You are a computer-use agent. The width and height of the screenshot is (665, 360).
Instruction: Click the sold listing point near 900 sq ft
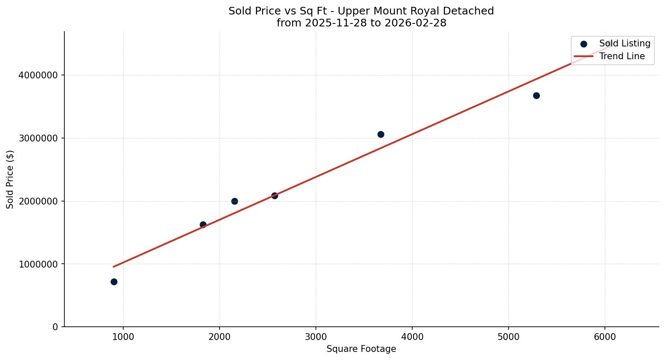tap(114, 282)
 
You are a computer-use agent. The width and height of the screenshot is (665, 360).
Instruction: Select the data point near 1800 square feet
tap(203, 225)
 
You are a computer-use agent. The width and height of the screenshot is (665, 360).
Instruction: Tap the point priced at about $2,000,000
tap(234, 201)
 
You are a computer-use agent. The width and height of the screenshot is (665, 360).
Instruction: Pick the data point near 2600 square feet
tap(275, 196)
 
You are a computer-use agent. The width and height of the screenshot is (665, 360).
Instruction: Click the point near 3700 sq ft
tap(381, 134)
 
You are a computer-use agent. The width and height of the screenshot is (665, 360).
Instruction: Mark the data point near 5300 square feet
tap(536, 95)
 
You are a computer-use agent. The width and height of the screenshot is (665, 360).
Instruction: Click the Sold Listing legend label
tap(625, 43)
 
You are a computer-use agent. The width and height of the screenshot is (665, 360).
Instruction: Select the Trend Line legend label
tap(622, 56)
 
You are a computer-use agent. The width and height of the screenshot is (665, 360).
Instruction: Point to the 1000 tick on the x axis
tap(123, 337)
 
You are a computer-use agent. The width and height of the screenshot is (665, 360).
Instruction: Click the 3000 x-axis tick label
tap(316, 337)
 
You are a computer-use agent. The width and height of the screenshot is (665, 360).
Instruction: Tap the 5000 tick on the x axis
tap(509, 337)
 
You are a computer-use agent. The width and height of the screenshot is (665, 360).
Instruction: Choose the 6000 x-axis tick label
tap(605, 337)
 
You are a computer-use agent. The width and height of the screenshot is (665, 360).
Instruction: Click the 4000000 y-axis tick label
tap(38, 75)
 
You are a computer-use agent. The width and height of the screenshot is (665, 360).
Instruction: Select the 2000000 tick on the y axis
tap(38, 201)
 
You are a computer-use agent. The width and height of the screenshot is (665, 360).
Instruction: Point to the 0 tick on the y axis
tap(55, 327)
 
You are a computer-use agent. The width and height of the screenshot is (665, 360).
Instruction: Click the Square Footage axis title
tap(361, 349)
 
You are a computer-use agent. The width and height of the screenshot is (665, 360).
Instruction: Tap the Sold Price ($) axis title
tap(10, 179)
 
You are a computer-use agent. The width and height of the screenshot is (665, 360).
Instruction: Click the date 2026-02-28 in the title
tap(416, 23)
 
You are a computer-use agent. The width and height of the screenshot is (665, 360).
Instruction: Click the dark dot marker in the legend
tap(584, 44)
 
